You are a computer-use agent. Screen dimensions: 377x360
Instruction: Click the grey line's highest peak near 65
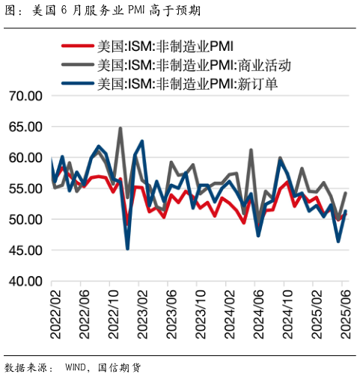coord(120,129)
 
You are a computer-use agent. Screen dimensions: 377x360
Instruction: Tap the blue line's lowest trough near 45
coord(127,248)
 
